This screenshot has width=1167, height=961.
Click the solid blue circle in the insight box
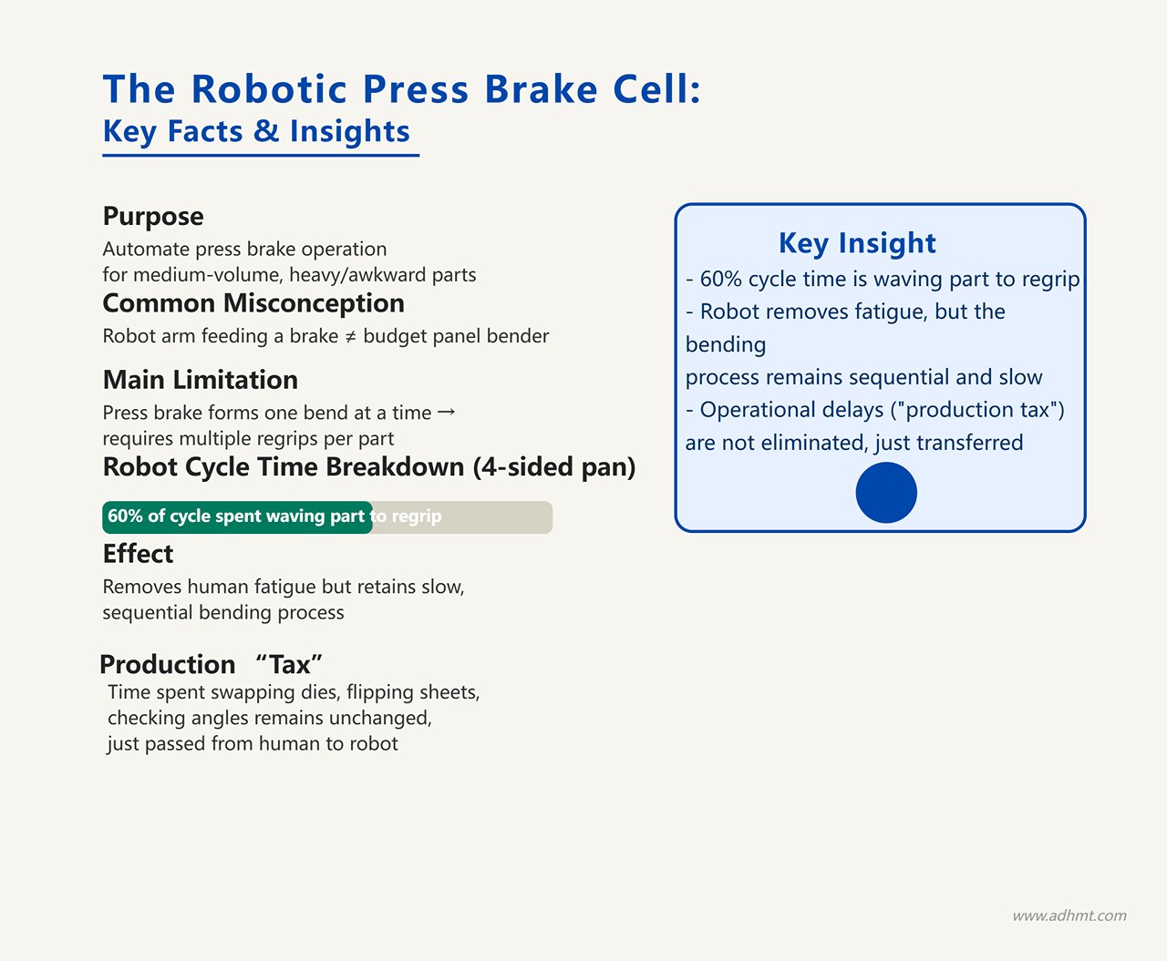[886, 493]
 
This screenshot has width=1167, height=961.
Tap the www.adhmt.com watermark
[1069, 915]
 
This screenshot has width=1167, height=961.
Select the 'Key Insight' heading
[857, 243]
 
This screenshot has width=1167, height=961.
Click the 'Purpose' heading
[153, 217]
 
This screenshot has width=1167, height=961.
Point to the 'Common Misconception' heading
[253, 303]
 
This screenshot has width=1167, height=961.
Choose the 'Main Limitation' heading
[200, 380]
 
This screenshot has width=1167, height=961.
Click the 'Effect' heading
[138, 554]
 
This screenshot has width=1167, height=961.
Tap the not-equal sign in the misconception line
[350, 337]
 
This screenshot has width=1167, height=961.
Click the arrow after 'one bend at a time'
[446, 413]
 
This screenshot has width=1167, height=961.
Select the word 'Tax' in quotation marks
[289, 664]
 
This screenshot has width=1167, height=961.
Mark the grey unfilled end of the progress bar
[463, 517]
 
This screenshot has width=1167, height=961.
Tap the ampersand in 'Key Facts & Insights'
[266, 131]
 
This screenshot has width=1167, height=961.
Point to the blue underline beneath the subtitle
[261, 155]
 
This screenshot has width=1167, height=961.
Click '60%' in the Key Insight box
[720, 280]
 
